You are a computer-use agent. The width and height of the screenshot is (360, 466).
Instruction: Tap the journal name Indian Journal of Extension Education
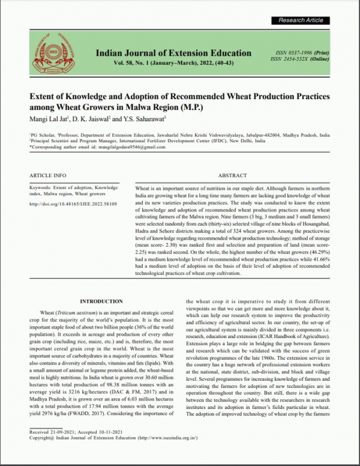click(x=173, y=53)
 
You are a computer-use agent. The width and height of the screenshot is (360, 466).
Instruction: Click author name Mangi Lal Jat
click(x=49, y=119)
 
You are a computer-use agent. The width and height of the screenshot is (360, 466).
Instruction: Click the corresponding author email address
click(x=113, y=147)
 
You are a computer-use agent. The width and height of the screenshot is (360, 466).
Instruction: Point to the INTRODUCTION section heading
click(x=101, y=301)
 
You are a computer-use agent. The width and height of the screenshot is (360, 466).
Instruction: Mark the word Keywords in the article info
click(x=40, y=188)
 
